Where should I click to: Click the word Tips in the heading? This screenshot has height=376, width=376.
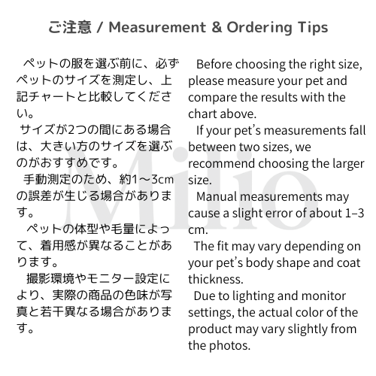[x=313, y=28]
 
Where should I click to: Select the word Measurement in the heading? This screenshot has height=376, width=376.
[x=157, y=27]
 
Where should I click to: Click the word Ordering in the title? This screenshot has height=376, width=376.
[x=259, y=28]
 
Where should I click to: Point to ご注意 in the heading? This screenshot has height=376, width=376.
[x=70, y=27]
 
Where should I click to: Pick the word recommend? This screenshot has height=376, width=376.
[x=221, y=164]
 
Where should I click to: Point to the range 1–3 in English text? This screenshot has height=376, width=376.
[x=355, y=213]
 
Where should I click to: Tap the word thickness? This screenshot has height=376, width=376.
[x=216, y=280]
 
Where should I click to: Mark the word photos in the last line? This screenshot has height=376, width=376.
[x=230, y=346]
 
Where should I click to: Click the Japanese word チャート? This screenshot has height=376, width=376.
[x=52, y=97]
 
